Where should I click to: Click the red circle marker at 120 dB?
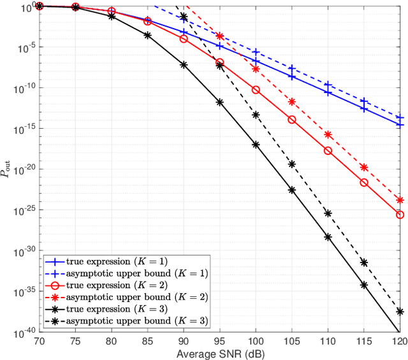(x=400, y=215)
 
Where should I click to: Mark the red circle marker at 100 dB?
(x=256, y=90)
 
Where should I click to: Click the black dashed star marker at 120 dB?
(x=400, y=312)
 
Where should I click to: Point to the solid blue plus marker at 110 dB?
(x=328, y=92)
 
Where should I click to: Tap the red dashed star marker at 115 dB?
(x=364, y=167)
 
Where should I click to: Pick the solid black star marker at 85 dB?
(x=148, y=35)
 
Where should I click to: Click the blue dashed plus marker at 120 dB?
(x=400, y=118)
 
